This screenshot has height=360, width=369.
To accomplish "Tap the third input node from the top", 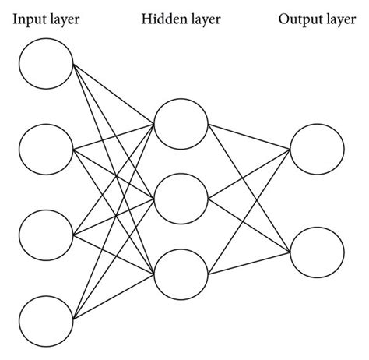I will [x=46, y=234].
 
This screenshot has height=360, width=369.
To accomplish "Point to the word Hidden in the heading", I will [x=162, y=19].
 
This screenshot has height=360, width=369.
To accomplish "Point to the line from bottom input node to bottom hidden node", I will [x=113, y=297].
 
